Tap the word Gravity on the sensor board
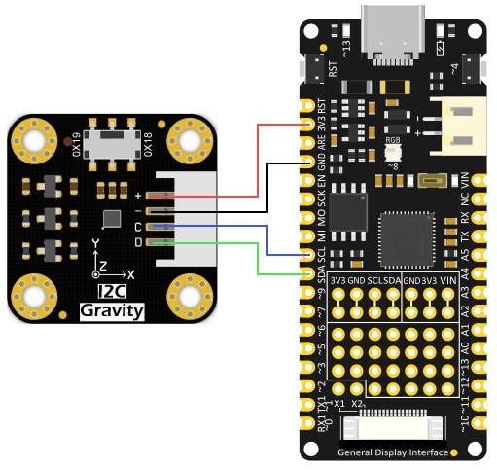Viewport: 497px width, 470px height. pos(111,311)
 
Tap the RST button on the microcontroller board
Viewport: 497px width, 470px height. pos(315,68)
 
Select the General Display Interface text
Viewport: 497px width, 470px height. pos(393,453)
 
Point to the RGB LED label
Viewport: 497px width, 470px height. pos(393,140)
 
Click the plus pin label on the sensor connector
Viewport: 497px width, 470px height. pos(138,197)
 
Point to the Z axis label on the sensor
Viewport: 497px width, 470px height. pos(101,264)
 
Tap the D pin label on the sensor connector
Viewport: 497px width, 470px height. pos(138,241)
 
